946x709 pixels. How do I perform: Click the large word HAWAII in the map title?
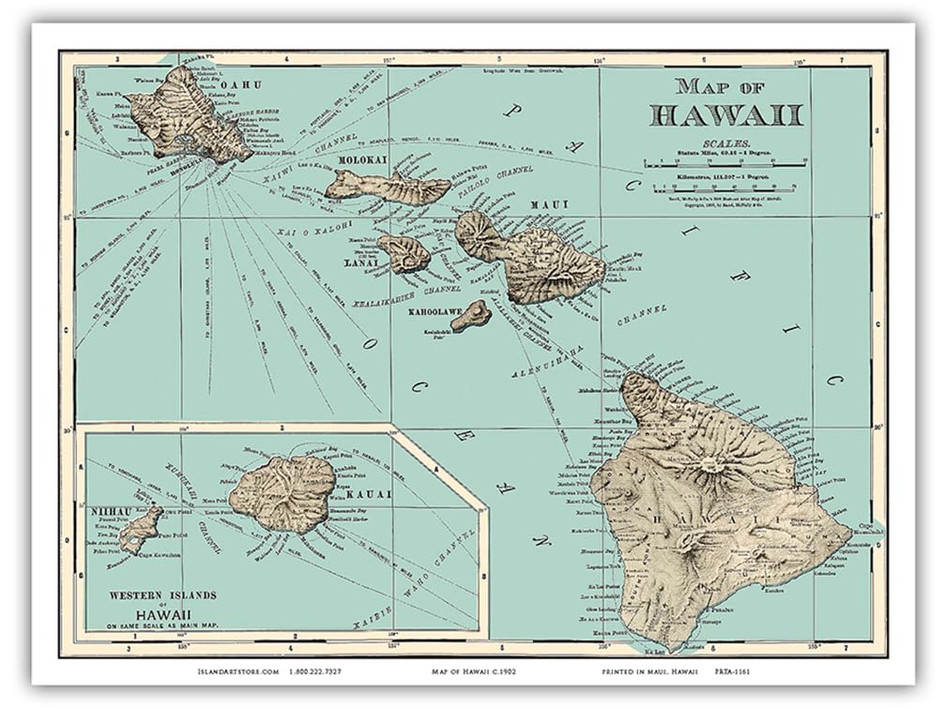(x=726, y=115)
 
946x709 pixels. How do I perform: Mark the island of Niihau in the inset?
(x=141, y=530)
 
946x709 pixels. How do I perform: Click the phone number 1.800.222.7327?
(x=318, y=672)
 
